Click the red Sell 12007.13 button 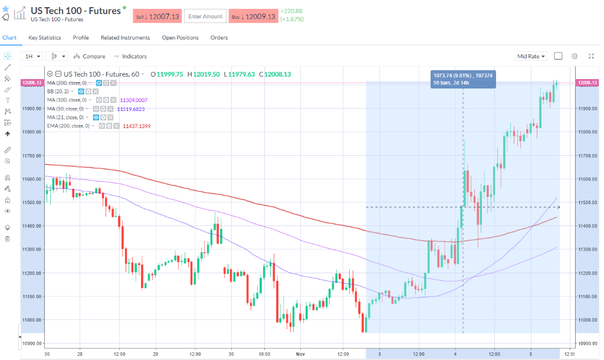pos(157,17)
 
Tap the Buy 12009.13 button pos(252,17)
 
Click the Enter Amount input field pos(205,17)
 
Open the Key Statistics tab pos(45,38)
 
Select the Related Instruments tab pos(125,38)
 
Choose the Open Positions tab pos(180,38)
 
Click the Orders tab pos(219,38)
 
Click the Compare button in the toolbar pos(90,56)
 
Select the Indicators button pos(130,56)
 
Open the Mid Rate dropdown pos(531,56)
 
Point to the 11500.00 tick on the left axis pos(31,202)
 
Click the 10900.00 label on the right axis pos(587,343)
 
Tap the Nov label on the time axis pos(300,354)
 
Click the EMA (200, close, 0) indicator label pos(68,126)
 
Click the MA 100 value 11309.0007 pos(133,100)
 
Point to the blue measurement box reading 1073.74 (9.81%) pos(463,79)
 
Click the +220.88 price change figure pos(291,11)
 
